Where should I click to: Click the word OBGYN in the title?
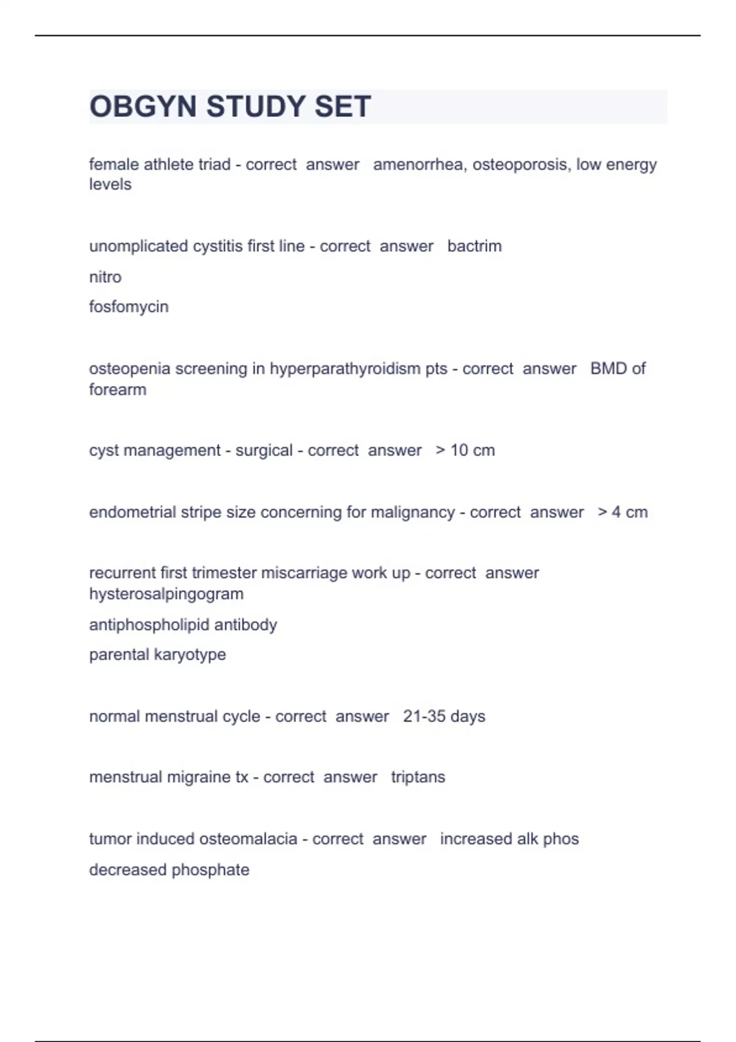[x=144, y=107]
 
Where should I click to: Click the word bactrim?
[x=474, y=246]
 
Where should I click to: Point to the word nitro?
[x=105, y=277]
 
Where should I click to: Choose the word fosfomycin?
[x=128, y=306]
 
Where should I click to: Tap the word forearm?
[x=117, y=390]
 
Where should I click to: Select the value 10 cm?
[x=472, y=451]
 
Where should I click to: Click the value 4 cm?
[x=629, y=512]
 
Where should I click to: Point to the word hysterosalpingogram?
[x=166, y=594]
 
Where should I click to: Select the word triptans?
[x=418, y=777]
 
